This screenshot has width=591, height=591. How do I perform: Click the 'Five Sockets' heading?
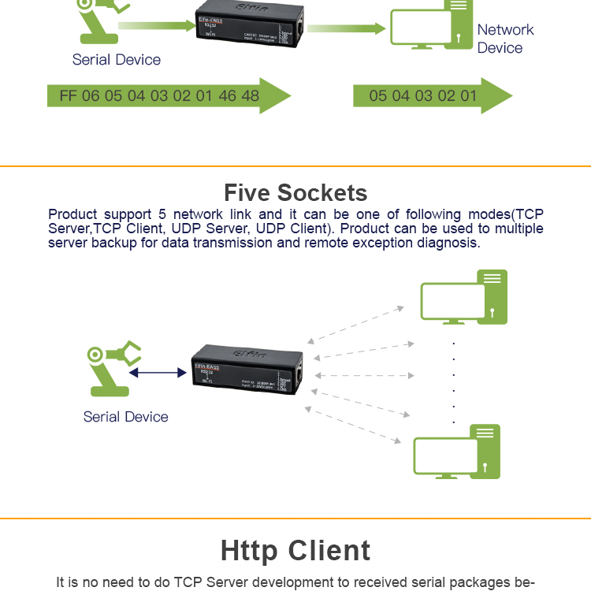tap(295, 192)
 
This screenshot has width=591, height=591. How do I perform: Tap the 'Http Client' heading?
tap(295, 550)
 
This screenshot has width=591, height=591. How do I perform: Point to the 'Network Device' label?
tap(504, 39)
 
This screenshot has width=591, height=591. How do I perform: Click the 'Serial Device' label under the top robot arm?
tap(116, 60)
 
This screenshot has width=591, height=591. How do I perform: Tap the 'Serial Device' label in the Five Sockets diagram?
tap(125, 417)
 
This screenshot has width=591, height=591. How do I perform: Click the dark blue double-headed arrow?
tap(158, 372)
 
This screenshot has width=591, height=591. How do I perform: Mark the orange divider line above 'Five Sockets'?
tap(295, 166)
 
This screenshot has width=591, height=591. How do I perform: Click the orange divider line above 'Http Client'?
tap(295, 519)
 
